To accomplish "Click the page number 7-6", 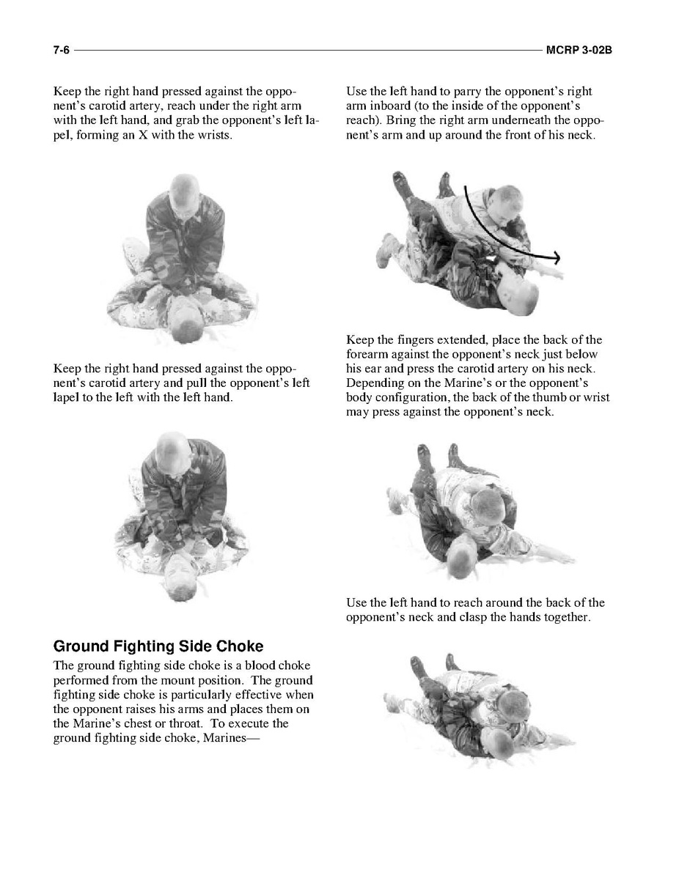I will (60, 51).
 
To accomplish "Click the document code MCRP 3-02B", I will (584, 51).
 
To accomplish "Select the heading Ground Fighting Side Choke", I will (158, 646).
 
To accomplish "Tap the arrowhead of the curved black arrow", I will (557, 257).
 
